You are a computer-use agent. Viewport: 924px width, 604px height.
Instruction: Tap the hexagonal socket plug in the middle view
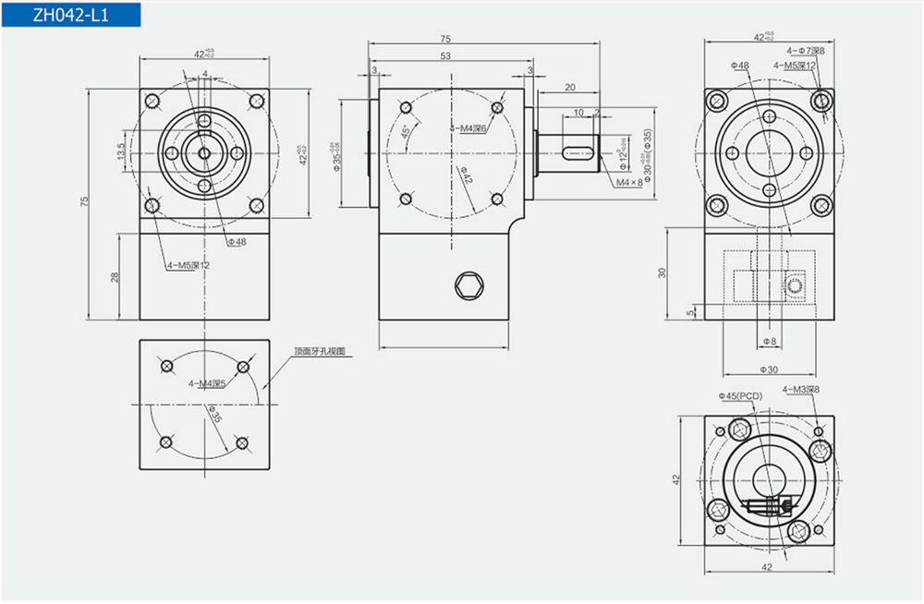click(x=471, y=287)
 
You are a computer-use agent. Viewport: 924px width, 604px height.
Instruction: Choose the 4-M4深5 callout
click(x=207, y=382)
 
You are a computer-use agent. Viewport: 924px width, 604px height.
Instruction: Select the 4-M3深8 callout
click(x=801, y=390)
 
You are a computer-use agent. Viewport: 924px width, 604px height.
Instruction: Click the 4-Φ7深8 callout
click(x=805, y=52)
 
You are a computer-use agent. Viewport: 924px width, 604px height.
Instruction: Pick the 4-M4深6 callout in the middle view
click(x=470, y=128)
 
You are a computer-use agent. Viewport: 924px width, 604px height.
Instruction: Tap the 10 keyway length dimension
click(x=578, y=112)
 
